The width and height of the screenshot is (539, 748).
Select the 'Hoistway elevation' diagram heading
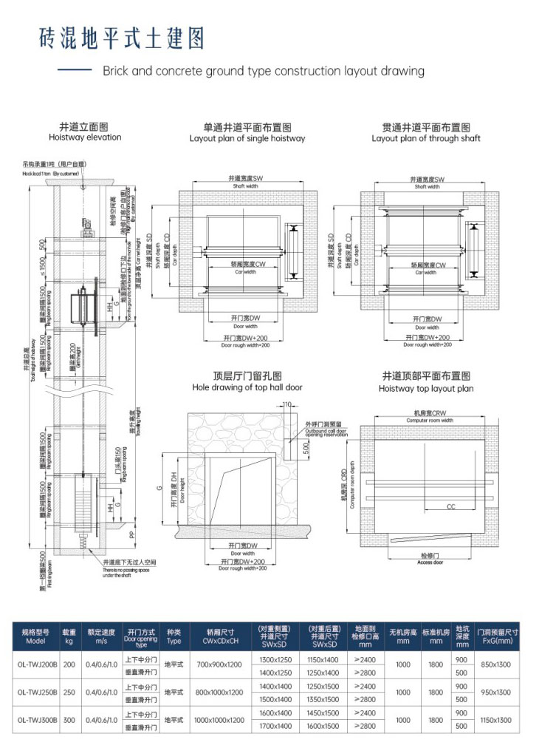click(x=85, y=137)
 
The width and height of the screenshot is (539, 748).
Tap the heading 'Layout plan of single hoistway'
click(x=247, y=138)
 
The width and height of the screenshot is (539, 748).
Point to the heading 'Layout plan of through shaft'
click(x=426, y=138)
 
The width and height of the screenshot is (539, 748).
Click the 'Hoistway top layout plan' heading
click(x=426, y=388)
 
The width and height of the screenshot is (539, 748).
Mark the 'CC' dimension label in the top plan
click(x=450, y=507)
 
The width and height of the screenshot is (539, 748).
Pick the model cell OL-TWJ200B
click(x=35, y=664)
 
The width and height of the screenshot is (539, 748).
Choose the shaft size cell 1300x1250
click(x=276, y=658)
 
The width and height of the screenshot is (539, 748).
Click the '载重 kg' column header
click(x=69, y=636)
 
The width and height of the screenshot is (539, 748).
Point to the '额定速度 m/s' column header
click(x=101, y=636)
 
